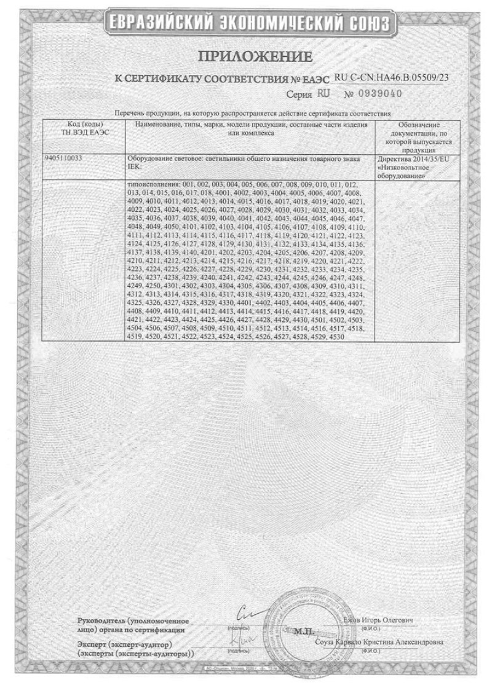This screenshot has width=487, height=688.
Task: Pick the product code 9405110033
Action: click(65, 158)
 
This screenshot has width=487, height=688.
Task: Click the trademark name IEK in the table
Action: click(131, 166)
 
